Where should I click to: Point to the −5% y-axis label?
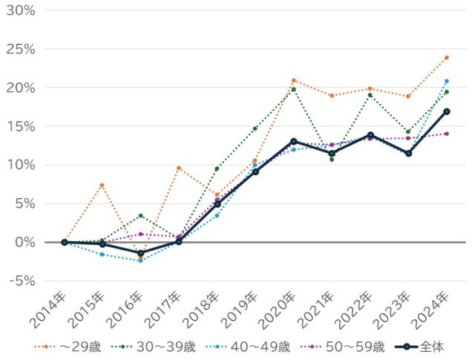point(20,281)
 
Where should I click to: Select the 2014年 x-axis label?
point(48,310)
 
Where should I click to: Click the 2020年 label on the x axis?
point(281,310)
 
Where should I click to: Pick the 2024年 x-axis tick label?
point(435,310)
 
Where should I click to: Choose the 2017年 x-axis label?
point(165,310)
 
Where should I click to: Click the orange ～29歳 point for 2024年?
point(446,57)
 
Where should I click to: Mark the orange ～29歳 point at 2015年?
point(102,185)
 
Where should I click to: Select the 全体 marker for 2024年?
point(446,111)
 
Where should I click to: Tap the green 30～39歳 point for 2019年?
point(255,128)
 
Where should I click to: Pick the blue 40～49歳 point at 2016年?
point(140,261)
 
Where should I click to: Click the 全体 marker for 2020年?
point(294,141)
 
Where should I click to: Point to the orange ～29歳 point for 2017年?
point(179,168)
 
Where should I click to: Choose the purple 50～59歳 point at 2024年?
point(446,134)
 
